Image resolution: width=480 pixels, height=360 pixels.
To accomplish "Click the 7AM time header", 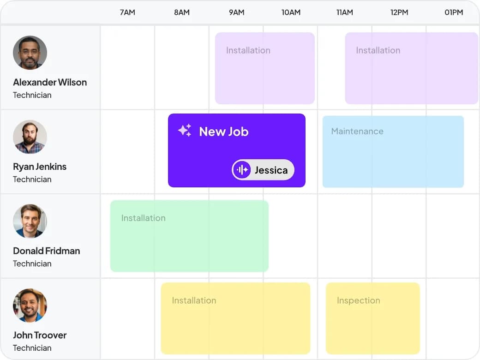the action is (127, 12).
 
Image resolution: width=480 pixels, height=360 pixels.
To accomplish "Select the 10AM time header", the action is (291, 12).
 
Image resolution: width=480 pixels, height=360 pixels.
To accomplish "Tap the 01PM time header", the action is (454, 12).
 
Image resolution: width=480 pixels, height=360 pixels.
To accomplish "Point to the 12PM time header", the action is (399, 12).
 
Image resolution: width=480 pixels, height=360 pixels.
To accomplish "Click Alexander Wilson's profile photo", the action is (30, 53).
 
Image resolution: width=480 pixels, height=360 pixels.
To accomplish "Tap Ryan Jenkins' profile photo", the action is (30, 137).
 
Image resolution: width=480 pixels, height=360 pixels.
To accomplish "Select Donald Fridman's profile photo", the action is (30, 221).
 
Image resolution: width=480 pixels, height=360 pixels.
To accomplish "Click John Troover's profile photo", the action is (30, 306).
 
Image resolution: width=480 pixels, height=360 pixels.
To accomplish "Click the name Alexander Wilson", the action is (50, 82).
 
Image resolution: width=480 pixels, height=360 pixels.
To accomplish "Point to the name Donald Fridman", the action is (47, 251).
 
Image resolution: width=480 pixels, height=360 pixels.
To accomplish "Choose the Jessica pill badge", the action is (263, 169).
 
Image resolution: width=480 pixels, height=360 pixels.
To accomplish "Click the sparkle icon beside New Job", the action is (185, 131).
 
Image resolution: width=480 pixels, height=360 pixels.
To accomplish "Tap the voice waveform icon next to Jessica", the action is (242, 169).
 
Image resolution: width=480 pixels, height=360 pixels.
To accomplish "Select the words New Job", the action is (224, 132).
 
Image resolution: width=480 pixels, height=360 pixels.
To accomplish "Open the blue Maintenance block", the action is (393, 151).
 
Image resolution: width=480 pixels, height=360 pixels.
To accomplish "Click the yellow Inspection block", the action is (373, 318).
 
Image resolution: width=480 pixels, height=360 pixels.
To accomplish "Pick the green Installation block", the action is (190, 236).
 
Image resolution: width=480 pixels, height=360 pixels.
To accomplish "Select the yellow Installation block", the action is (235, 318).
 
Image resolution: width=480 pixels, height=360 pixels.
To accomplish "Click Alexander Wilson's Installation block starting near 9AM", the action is (265, 68).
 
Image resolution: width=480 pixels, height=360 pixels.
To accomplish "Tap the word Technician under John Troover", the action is (32, 348).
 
